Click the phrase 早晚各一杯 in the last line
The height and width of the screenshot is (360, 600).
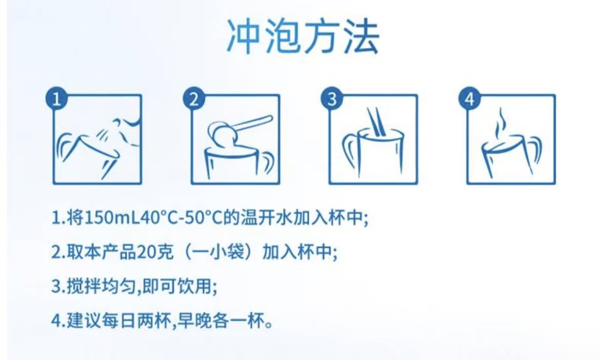pyautogui.click(x=219, y=321)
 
